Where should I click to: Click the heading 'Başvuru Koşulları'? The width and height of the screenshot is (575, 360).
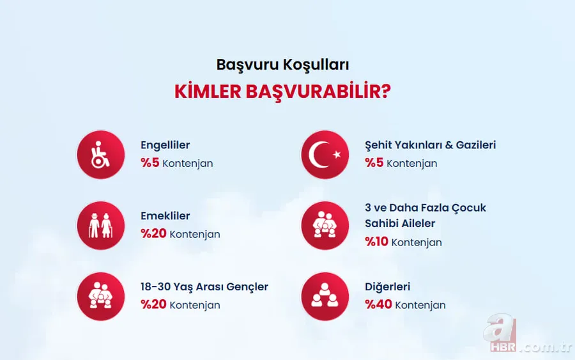(282, 65)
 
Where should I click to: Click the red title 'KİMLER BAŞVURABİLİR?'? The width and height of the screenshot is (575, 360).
(282, 91)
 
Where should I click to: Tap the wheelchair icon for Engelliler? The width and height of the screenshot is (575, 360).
(100, 155)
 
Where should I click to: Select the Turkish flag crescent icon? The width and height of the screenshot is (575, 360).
(325, 155)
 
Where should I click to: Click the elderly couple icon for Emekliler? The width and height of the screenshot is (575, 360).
(100, 226)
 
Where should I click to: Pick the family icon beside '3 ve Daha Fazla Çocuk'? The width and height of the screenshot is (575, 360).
(325, 226)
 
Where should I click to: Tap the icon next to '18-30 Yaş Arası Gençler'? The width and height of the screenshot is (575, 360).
(100, 296)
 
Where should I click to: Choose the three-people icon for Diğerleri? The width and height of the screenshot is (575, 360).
(325, 296)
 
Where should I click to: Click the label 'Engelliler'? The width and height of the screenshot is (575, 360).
(165, 145)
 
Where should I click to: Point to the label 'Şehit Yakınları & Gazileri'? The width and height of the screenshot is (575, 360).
(430, 145)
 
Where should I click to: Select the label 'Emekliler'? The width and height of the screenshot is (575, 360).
(165, 216)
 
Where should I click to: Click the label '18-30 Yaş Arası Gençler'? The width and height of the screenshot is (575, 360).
(204, 286)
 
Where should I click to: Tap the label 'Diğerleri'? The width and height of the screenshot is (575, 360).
(387, 286)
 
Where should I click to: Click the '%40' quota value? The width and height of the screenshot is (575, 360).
(378, 305)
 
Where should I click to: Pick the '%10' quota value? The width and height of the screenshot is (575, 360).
(376, 242)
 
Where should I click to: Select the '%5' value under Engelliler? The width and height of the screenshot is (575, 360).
(149, 163)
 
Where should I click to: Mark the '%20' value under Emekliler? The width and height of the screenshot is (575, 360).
(153, 234)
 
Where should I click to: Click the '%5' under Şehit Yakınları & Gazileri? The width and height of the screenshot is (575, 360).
(374, 163)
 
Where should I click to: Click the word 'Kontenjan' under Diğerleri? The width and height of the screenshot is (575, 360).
(420, 306)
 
